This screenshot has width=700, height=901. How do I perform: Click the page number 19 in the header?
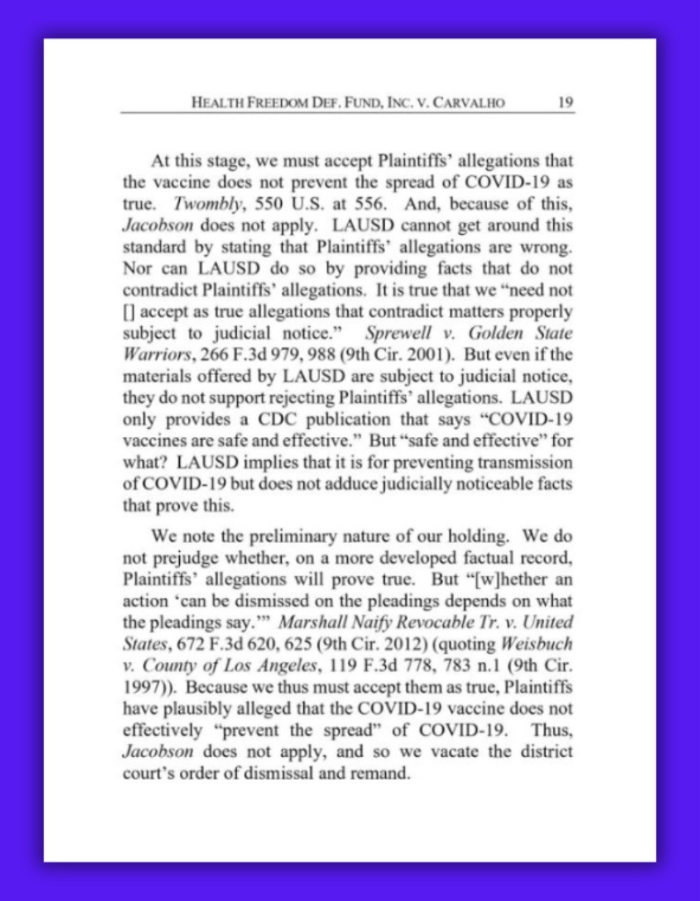pyautogui.click(x=566, y=103)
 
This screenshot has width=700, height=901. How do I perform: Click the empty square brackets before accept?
pyautogui.click(x=127, y=311)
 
